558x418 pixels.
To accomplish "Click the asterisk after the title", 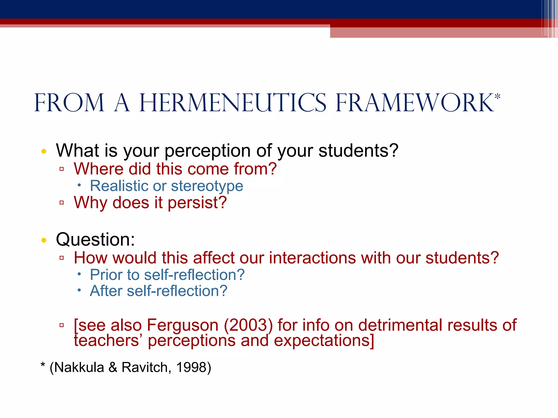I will pos(498,97).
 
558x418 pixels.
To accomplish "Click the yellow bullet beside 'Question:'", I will pos(44,240).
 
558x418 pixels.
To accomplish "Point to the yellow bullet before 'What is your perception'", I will pos(44,151).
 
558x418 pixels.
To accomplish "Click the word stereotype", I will pos(207,186).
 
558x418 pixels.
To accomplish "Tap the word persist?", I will pos(197,203).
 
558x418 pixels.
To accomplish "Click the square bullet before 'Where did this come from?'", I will pos(62,169).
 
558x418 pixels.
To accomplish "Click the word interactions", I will pos(312,258).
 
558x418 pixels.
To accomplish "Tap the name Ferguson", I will pos(183,325).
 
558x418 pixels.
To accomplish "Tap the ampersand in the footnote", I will pos(113,367).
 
